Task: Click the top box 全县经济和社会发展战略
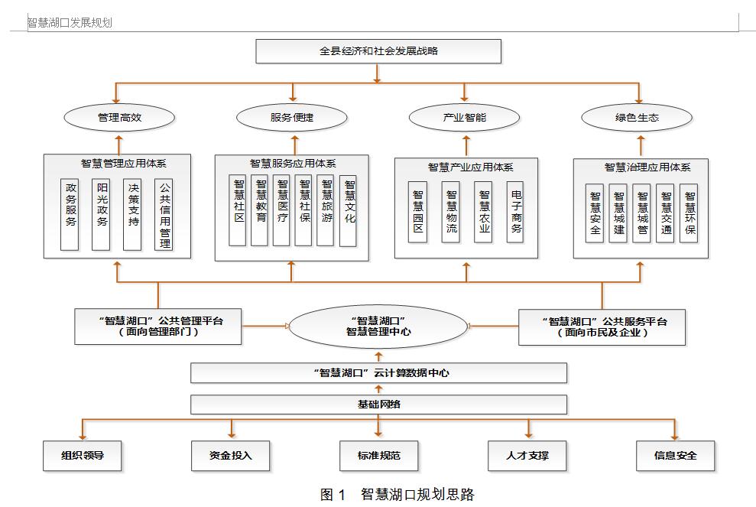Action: pos(378,51)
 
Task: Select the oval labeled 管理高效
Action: pos(119,118)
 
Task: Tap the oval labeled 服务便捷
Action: pos(292,118)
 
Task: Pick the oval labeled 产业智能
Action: pos(465,118)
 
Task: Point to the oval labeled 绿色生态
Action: pos(637,118)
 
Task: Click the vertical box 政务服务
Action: pos(70,214)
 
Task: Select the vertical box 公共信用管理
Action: pos(164,214)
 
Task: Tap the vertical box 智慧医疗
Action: pos(282,210)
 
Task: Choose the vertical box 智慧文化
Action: pos(349,211)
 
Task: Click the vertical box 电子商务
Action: pos(516,211)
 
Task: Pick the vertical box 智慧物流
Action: pos(451,211)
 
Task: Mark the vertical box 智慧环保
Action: pos(689,213)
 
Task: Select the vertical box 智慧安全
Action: pos(595,213)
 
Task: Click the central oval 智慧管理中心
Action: pos(378,327)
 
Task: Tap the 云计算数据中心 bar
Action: pos(378,373)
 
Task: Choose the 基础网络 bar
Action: pos(378,404)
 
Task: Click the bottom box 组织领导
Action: pos(83,456)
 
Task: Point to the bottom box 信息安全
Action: pos(675,456)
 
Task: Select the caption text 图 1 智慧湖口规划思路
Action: pos(397,494)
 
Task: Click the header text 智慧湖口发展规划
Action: pos(70,23)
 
